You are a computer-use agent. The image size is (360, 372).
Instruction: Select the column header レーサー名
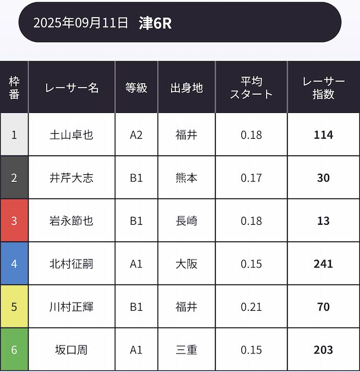[71, 88]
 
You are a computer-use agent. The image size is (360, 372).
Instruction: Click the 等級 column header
[136, 88]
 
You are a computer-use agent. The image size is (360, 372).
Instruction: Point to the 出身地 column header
[186, 88]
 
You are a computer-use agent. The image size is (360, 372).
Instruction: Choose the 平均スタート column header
[251, 88]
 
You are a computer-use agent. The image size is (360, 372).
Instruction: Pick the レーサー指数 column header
[323, 88]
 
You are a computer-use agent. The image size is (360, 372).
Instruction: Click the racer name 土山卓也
[71, 135]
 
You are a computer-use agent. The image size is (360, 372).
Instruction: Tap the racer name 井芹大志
[71, 178]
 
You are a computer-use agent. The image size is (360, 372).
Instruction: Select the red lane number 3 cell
[14, 221]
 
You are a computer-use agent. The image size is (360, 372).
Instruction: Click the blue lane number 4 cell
[14, 264]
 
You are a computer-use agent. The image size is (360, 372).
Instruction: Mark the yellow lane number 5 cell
[14, 307]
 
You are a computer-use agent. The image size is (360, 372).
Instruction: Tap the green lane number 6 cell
[14, 350]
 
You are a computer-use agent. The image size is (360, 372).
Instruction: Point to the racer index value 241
[323, 264]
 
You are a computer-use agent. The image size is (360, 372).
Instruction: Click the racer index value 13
[323, 221]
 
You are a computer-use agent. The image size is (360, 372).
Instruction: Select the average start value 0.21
[251, 307]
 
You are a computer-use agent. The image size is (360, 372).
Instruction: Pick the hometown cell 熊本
[186, 178]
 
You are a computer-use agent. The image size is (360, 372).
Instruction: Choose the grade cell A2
[136, 135]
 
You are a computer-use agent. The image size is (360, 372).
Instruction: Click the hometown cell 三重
[186, 350]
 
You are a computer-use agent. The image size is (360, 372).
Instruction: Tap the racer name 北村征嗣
[71, 264]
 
